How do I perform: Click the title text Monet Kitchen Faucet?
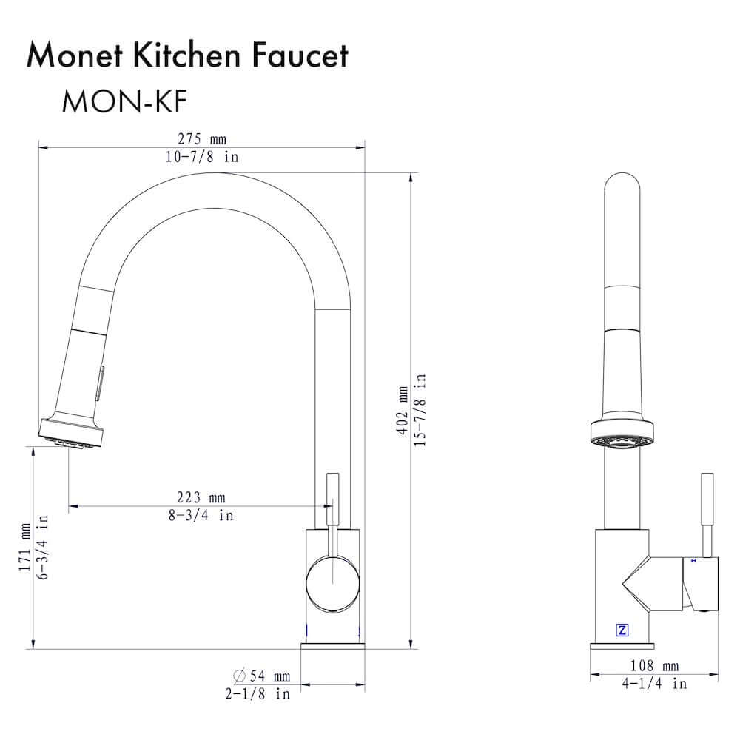(186, 56)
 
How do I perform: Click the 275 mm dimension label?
(201, 139)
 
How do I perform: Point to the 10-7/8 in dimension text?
(201, 157)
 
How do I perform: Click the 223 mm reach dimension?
(200, 497)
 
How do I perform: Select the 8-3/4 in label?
(200, 515)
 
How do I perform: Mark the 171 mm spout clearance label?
(27, 548)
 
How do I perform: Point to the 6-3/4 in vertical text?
(44, 548)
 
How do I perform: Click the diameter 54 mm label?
(261, 676)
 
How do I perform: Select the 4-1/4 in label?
(654, 684)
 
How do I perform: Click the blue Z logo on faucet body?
(622, 630)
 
